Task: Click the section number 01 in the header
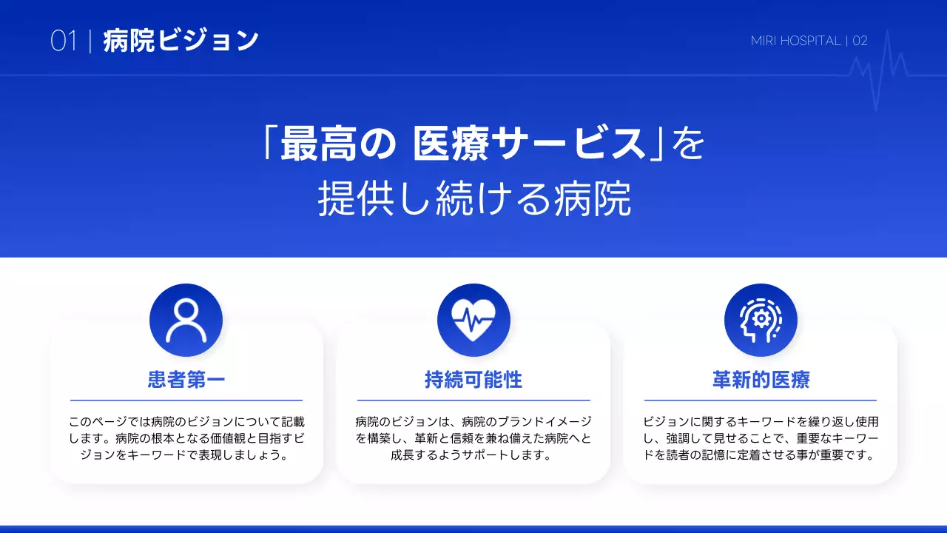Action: (x=64, y=41)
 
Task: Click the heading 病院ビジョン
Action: (x=181, y=41)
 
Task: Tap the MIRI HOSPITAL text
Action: (x=795, y=41)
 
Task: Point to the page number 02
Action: (x=860, y=41)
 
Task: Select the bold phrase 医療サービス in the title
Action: (x=530, y=144)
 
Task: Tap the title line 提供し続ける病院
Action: (x=474, y=198)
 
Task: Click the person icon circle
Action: (x=186, y=321)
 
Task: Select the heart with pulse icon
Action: (x=473, y=321)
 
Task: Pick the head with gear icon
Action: (x=761, y=321)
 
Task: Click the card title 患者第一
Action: (x=186, y=381)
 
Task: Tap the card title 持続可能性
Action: (x=473, y=381)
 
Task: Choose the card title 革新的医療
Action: (x=761, y=381)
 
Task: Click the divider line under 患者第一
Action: (x=186, y=400)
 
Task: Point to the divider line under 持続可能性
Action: (x=473, y=400)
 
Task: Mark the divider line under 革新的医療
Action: (x=761, y=400)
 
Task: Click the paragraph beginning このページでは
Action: (x=186, y=438)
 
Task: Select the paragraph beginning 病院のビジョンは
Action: (x=473, y=438)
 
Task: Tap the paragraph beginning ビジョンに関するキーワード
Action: (x=761, y=438)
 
